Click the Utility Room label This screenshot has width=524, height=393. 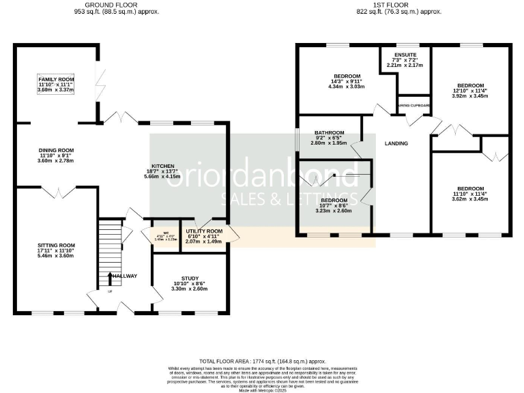tap(204, 232)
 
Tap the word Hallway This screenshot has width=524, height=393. tap(126, 276)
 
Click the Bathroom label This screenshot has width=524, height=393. tap(329, 133)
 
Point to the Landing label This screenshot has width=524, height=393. tap(396, 143)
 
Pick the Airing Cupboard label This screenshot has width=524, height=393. tap(414, 106)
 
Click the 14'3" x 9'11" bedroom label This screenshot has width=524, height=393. tap(347, 76)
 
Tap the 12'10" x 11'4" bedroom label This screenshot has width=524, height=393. tap(470, 86)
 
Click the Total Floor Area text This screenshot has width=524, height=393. tap(263, 360)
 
